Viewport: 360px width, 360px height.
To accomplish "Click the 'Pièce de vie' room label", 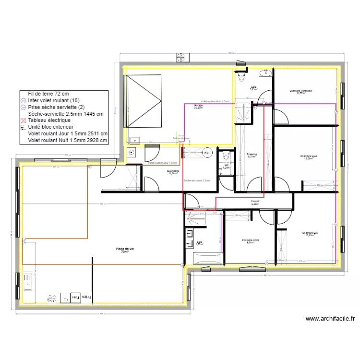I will pyautogui.click(x=125, y=250).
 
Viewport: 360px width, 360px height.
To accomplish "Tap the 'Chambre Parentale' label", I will pyautogui.click(x=300, y=92).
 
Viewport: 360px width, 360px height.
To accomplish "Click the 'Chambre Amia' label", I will pyautogui.click(x=251, y=241).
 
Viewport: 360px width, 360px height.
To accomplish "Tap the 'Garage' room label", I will pyautogui.click(x=198, y=106).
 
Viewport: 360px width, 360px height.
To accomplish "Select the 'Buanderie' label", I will pyautogui.click(x=173, y=172).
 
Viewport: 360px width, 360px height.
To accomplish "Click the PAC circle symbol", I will pyautogui.click(x=207, y=153).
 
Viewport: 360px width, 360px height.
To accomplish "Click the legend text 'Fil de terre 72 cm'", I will pyautogui.click(x=48, y=94).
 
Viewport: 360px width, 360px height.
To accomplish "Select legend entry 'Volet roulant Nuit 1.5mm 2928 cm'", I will pyautogui.click(x=68, y=140).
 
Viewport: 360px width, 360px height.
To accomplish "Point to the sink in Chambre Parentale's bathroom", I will pyautogui.click(x=265, y=72).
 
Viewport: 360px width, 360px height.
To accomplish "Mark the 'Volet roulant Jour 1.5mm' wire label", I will pyautogui.click(x=163, y=163).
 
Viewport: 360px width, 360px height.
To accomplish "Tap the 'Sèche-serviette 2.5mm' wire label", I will pyautogui.click(x=197, y=180).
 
